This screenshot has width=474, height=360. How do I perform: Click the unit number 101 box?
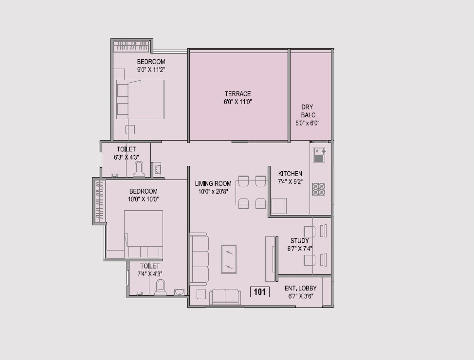click(x=259, y=292)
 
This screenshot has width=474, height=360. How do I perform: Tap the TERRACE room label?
click(x=237, y=94)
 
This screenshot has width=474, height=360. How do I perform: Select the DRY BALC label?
click(x=308, y=111)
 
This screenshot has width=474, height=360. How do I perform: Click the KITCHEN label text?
click(x=290, y=174)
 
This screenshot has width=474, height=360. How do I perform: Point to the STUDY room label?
click(x=300, y=241)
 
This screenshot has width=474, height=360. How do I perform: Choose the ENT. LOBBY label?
click(x=300, y=288)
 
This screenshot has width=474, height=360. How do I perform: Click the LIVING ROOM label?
click(x=213, y=183)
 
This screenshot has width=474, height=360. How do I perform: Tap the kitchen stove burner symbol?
click(x=319, y=189)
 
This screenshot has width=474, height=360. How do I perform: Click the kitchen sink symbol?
click(x=319, y=155)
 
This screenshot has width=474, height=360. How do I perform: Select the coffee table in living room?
click(x=229, y=259)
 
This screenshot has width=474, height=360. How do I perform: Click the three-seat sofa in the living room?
click(x=200, y=259)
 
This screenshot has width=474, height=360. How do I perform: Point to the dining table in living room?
click(x=252, y=193)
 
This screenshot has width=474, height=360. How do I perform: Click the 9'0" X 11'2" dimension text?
click(x=151, y=70)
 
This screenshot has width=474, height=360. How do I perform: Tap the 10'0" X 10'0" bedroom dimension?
click(x=143, y=199)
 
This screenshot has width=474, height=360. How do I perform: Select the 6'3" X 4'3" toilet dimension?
click(x=126, y=157)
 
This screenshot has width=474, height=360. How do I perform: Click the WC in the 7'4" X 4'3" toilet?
click(x=160, y=288)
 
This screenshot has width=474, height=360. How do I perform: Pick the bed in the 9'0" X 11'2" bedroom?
click(x=140, y=100)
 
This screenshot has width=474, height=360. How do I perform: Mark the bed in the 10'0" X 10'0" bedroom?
click(x=143, y=234)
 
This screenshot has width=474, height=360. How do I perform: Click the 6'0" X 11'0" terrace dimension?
click(x=237, y=102)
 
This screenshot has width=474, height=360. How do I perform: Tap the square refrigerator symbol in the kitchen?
click(x=279, y=206)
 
